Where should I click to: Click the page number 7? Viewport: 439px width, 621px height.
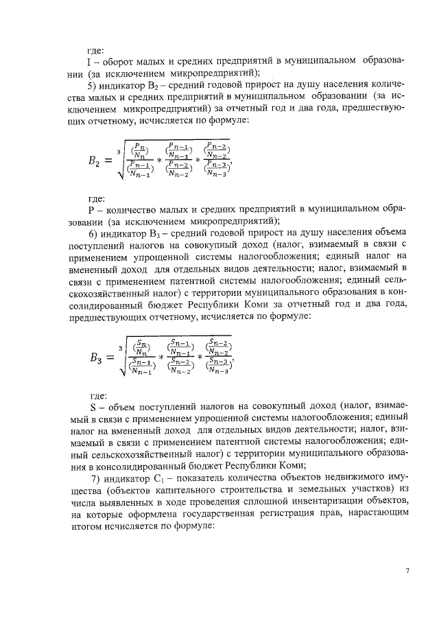(407, 571)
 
